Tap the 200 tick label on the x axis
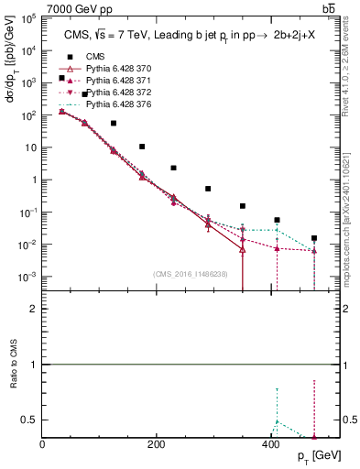point(156,444)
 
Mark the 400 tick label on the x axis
point(269,444)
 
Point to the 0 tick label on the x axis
point(43,444)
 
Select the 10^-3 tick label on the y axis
point(28,277)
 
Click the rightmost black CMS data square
point(314,238)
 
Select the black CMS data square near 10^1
point(142,147)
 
